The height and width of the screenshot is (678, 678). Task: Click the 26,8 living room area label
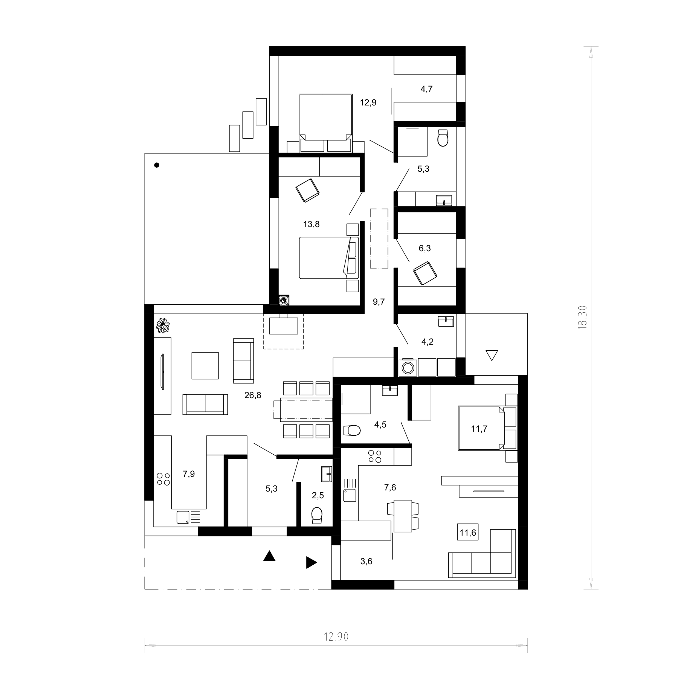tap(253, 395)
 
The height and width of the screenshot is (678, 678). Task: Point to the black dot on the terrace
tap(157, 165)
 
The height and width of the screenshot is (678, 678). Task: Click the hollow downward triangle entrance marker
tap(492, 355)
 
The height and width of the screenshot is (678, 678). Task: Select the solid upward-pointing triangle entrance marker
tap(269, 556)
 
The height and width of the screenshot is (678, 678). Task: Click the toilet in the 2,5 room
tap(317, 515)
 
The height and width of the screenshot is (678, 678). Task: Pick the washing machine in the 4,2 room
tap(408, 367)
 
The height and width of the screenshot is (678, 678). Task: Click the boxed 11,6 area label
tap(468, 532)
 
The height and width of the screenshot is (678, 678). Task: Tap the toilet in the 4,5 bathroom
tap(352, 430)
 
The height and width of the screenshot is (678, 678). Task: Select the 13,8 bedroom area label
tap(312, 224)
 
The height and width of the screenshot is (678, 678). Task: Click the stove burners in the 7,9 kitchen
tap(163, 479)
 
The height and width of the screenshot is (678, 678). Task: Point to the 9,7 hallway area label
tap(379, 302)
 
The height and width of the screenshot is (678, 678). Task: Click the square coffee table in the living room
tap(205, 365)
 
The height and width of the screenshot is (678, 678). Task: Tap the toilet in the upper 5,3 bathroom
tap(443, 137)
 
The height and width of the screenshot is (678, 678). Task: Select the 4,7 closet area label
tap(426, 89)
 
